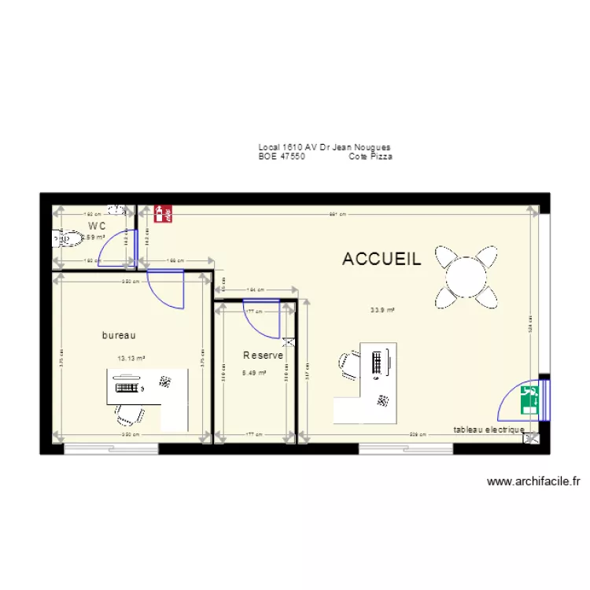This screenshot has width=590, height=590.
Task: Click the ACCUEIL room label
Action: [x=382, y=259]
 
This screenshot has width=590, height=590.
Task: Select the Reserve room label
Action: [x=263, y=356]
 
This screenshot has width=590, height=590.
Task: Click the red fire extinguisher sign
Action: [x=164, y=212]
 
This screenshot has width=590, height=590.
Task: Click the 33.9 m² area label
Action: [x=382, y=310]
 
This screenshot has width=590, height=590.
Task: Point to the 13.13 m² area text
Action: [x=131, y=359]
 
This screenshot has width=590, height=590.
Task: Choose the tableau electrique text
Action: [x=489, y=430]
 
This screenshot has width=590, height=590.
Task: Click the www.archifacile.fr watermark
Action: [x=533, y=481]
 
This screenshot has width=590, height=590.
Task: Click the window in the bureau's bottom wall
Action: [x=111, y=449]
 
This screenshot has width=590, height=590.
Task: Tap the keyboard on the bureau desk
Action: [x=127, y=386]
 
